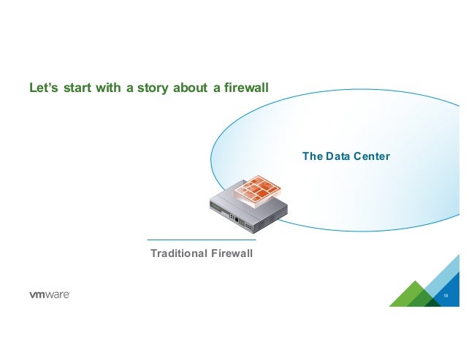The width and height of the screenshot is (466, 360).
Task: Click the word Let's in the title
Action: (x=44, y=88)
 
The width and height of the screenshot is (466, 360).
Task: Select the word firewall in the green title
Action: (x=246, y=88)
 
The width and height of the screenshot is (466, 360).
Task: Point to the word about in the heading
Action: (x=190, y=88)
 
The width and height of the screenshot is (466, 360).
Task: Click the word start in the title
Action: (x=77, y=88)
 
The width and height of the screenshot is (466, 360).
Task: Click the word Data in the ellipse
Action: (x=337, y=156)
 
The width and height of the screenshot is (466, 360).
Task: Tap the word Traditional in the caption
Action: (x=179, y=253)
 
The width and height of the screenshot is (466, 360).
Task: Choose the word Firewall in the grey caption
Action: (x=232, y=253)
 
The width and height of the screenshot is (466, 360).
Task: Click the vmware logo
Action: (x=50, y=294)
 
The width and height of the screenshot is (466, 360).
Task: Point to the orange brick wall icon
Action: (x=256, y=189)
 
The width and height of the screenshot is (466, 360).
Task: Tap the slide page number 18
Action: (x=446, y=296)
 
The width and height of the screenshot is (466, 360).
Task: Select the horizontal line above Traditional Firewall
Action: (x=202, y=240)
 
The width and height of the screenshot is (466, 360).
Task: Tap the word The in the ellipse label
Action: (x=313, y=156)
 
